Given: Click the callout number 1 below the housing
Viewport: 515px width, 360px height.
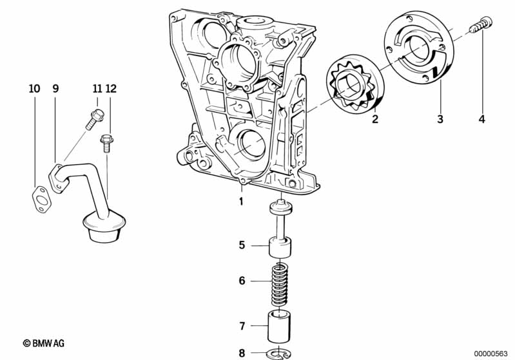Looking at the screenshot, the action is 241,201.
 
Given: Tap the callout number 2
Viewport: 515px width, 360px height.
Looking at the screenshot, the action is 375,118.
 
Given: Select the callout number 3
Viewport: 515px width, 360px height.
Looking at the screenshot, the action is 440,118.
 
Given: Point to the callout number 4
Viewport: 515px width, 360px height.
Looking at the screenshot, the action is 482,118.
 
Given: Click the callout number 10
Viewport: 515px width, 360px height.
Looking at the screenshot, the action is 35,89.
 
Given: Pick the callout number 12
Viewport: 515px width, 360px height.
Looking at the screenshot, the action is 111,89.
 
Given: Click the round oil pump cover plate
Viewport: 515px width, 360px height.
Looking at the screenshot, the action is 419,48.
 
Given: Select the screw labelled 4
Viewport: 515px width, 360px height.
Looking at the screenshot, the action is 481,25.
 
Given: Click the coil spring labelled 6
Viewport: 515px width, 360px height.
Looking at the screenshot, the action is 279,284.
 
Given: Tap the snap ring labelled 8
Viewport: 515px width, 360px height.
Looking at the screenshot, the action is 279,354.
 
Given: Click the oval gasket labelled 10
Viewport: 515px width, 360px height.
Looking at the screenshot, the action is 41,200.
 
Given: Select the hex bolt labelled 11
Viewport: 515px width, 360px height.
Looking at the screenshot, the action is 94,118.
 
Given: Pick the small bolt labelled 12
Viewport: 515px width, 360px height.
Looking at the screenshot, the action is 106,144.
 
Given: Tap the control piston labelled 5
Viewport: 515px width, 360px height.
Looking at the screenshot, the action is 280,229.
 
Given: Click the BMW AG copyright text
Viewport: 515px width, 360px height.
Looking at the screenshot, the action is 44,343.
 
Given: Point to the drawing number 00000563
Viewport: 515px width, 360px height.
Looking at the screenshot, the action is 491,353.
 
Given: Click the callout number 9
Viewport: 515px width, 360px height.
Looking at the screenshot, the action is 55,89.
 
